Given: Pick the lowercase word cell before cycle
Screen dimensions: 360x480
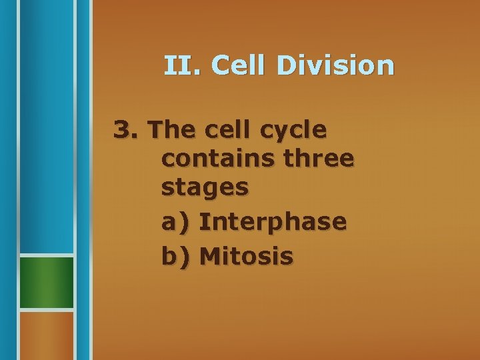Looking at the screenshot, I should pyautogui.click(x=233, y=129).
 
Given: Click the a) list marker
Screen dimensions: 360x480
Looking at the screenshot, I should pyautogui.click(x=175, y=222).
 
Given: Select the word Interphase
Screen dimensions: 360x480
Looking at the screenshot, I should pyautogui.click(x=273, y=222).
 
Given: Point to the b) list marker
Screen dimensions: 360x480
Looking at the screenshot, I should pyautogui.click(x=175, y=255).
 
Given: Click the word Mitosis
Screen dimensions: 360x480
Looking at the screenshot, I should pyautogui.click(x=246, y=255).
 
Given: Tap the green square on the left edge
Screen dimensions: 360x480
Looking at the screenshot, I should pyautogui.click(x=46, y=283).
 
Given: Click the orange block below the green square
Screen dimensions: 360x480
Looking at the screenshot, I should pyautogui.click(x=46, y=335).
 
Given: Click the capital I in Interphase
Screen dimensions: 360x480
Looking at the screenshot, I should pyautogui.click(x=203, y=222).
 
